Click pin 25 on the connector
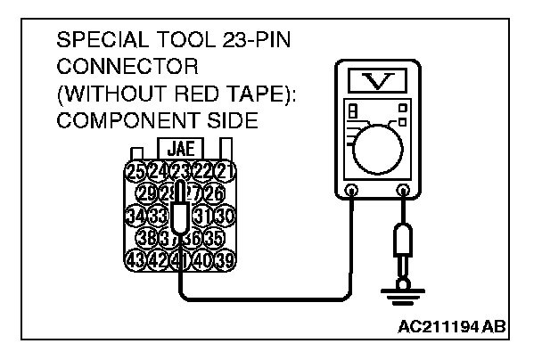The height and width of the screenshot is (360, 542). coord(136,171)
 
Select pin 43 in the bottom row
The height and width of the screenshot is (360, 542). coord(136,260)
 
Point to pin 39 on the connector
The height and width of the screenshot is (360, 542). coord(223,260)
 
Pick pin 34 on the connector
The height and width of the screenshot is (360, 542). coord(136,216)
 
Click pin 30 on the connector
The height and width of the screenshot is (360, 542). coord(223,216)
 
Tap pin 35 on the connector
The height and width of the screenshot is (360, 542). coord(211,238)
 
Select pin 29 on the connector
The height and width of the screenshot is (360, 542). coord(147,193)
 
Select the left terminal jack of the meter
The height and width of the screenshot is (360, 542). coord(351,192)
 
